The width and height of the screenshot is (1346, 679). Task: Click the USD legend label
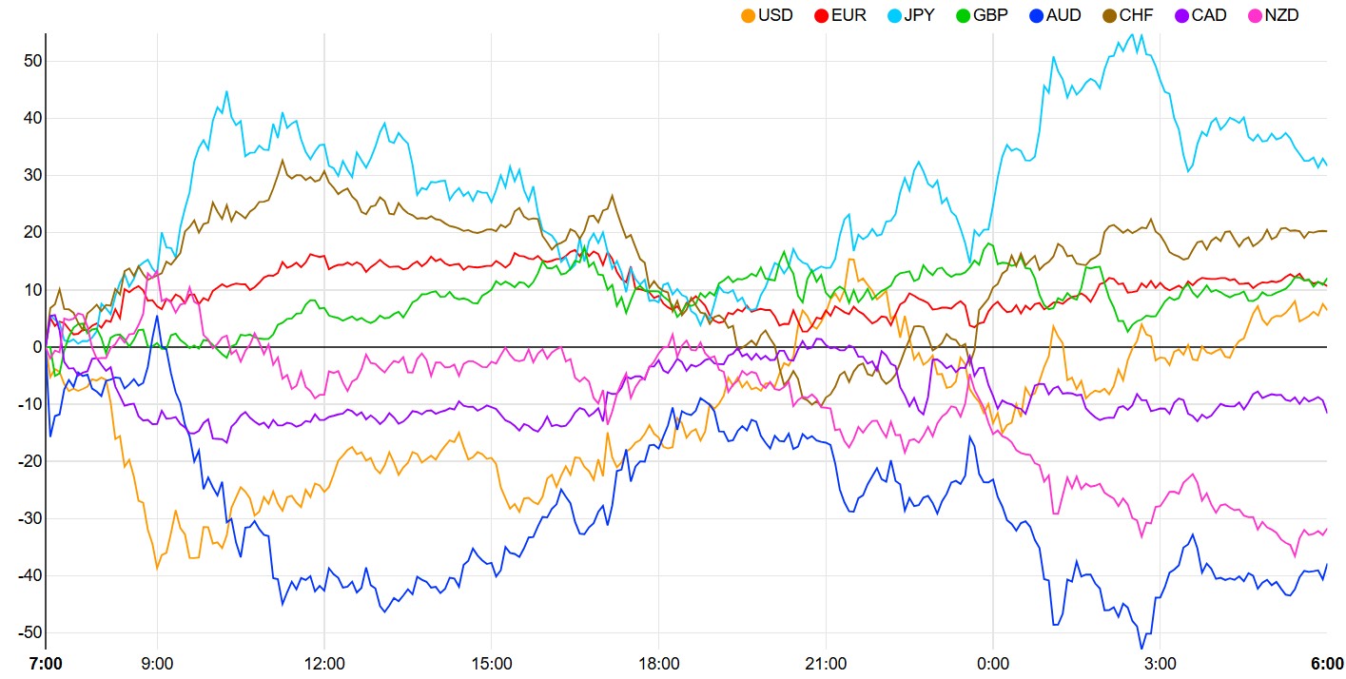pyautogui.click(x=775, y=15)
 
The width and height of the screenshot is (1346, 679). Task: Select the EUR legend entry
pyautogui.click(x=849, y=15)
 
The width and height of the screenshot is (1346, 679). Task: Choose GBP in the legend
pyautogui.click(x=990, y=15)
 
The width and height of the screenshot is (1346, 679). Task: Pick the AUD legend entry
pyautogui.click(x=1063, y=15)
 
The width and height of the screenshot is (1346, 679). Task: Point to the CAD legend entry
pyautogui.click(x=1208, y=15)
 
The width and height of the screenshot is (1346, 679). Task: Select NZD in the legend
pyautogui.click(x=1281, y=15)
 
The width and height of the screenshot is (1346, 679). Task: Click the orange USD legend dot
pyautogui.click(x=749, y=15)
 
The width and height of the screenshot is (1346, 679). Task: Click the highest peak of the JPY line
pyautogui.click(x=1141, y=34)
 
